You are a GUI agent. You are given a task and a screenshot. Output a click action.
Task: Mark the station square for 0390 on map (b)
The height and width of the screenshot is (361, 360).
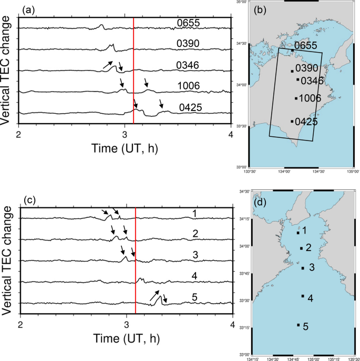pos(292,71)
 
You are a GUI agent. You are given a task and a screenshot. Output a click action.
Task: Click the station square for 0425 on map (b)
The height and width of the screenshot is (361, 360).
pos(292,122)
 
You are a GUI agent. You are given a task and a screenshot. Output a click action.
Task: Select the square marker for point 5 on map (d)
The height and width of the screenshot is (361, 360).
pos(298,325)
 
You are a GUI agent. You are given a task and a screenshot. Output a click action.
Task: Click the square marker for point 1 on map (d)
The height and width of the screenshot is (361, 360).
pos(298,233)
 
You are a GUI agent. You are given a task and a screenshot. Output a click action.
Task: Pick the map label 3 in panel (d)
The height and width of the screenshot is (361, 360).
pos(312,268)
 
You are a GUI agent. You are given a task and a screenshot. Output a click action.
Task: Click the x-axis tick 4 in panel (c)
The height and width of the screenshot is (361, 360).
pos(232,325)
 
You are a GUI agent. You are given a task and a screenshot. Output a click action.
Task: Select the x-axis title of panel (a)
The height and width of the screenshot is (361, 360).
pos(125,147)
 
